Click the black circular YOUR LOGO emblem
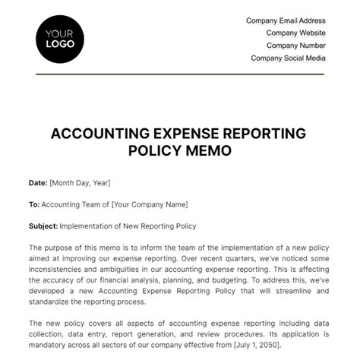pyautogui.click(x=58, y=38)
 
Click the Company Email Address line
pyautogui.click(x=286, y=21)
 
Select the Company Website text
pyautogui.click(x=295, y=33)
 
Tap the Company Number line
pyautogui.click(x=295, y=45)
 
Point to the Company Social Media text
pyautogui.click(x=288, y=58)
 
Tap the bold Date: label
pyautogui.click(x=38, y=183)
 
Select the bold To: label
pyautogui.click(x=33, y=204)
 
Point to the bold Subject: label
pyautogui.click(x=43, y=226)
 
